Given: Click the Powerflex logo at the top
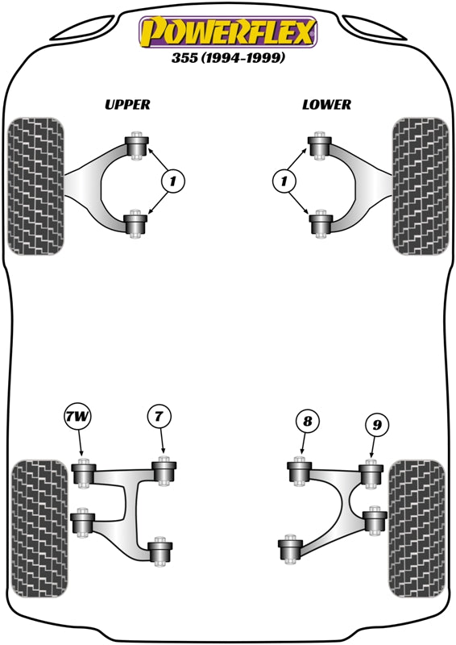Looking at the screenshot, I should tap(228, 32).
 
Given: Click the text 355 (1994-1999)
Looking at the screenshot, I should tap(228, 58).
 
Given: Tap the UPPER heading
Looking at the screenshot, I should tap(127, 104).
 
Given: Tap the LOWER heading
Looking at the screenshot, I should tap(326, 104).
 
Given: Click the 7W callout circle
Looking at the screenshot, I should tap(79, 418).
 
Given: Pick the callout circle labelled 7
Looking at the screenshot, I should tap(160, 417).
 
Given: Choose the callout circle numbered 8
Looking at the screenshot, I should tap(306, 419).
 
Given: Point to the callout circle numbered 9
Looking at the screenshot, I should tap(375, 423).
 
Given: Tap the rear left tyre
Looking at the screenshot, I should tap(38, 528).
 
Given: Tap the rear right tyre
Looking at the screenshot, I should tap(417, 528).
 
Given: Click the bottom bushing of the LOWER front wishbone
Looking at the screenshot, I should tap(320, 223).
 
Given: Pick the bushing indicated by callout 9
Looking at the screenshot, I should tap(370, 474).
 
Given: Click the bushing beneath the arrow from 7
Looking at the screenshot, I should tap(165, 472).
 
